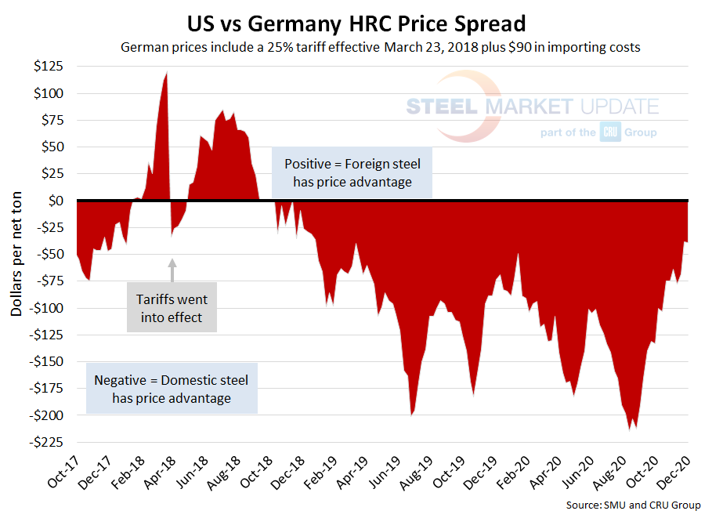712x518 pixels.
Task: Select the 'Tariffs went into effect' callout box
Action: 172,308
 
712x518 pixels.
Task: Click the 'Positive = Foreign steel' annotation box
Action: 352,173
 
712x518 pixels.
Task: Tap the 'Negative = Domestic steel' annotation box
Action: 171,389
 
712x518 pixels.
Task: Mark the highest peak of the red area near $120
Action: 166,74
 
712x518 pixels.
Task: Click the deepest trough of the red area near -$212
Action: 629,429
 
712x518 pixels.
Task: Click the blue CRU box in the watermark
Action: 610,132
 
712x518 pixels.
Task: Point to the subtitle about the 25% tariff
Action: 380,47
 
